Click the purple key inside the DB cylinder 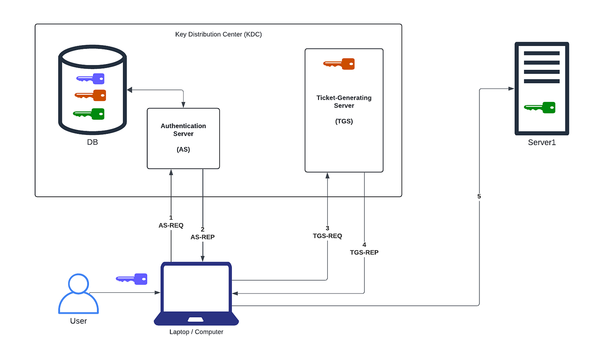click(x=90, y=79)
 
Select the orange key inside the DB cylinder click(x=90, y=95)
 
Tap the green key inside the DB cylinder click(x=89, y=114)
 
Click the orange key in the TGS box click(x=339, y=64)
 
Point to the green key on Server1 click(x=540, y=107)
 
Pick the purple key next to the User click(x=132, y=279)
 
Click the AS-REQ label click(x=171, y=226)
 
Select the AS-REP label click(x=203, y=237)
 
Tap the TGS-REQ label click(x=327, y=236)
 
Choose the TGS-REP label click(x=364, y=252)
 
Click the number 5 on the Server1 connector click(x=479, y=196)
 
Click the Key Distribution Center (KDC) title click(x=218, y=34)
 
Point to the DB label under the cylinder click(x=92, y=143)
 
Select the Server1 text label click(x=542, y=143)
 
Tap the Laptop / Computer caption click(x=196, y=332)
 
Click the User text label click(x=78, y=321)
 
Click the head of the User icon click(x=78, y=283)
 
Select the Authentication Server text click(x=183, y=130)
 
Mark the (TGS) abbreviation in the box click(x=344, y=121)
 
